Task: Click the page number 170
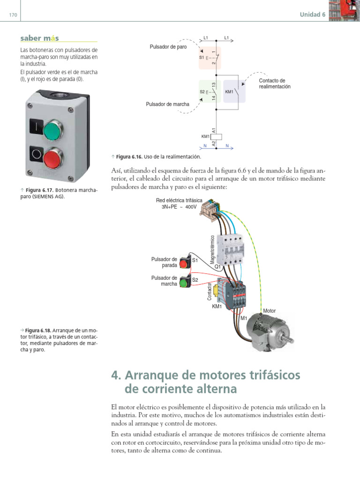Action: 13,15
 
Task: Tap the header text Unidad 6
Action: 313,15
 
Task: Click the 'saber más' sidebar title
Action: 40,38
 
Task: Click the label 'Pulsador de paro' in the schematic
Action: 168,47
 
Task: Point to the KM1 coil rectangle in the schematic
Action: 217,137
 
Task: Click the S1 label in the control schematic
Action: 201,57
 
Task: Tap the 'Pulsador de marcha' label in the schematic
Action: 168,104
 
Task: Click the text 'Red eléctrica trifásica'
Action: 180,200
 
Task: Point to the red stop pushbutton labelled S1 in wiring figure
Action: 184,262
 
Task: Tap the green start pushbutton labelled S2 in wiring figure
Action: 184,281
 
